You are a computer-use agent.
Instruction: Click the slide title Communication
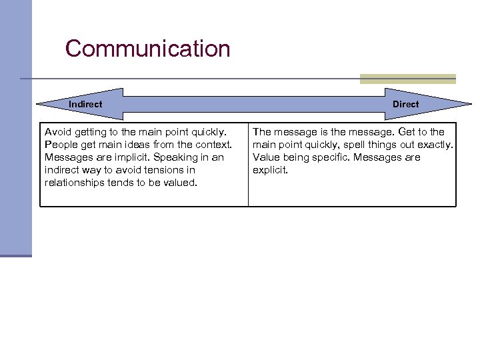(x=147, y=49)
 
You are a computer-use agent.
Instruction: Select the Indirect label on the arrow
(x=85, y=104)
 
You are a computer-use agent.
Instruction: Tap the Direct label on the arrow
(x=405, y=104)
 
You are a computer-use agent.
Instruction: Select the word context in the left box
(x=214, y=145)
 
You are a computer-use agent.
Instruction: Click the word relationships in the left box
(x=74, y=183)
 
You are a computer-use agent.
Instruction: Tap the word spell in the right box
(x=354, y=145)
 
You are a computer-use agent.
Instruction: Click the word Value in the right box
(x=266, y=157)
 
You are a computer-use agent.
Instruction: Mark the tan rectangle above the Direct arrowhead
(x=407, y=79)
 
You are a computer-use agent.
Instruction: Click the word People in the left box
(x=59, y=145)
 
